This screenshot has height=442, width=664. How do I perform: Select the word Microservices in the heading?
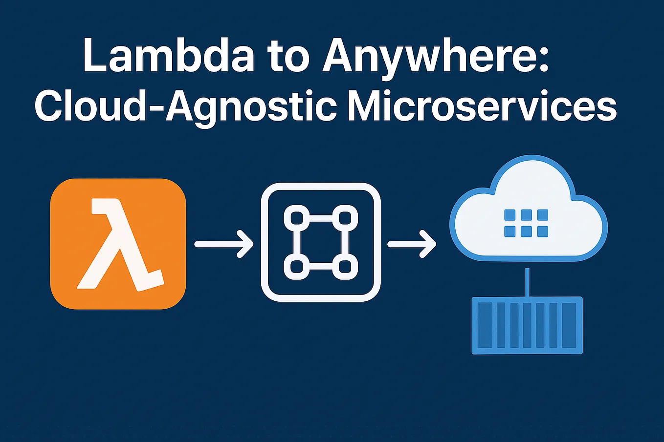coord(482,105)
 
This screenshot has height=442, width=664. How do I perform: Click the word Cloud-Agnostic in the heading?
coord(185,108)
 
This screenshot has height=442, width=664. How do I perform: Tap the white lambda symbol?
coord(120,245)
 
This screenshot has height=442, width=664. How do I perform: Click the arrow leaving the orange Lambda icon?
coord(224,244)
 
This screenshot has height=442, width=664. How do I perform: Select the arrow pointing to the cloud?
coord(412,244)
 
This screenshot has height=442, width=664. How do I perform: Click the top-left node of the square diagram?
coord(297,218)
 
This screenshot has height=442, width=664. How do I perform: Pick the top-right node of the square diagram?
coord(345,218)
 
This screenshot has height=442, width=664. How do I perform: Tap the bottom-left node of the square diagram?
coord(297,267)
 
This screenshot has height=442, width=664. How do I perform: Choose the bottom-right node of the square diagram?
coord(345,267)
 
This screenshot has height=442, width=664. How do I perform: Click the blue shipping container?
coord(527,325)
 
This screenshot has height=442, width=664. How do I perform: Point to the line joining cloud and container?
coord(527,282)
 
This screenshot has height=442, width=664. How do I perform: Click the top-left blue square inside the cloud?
coord(509,214)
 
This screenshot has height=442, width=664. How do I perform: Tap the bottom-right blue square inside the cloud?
coord(543,231)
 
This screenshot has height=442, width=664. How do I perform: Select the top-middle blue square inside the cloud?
coord(526,214)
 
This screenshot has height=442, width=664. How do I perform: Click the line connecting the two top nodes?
coord(321,218)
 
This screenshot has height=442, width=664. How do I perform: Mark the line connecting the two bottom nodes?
coord(321,267)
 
